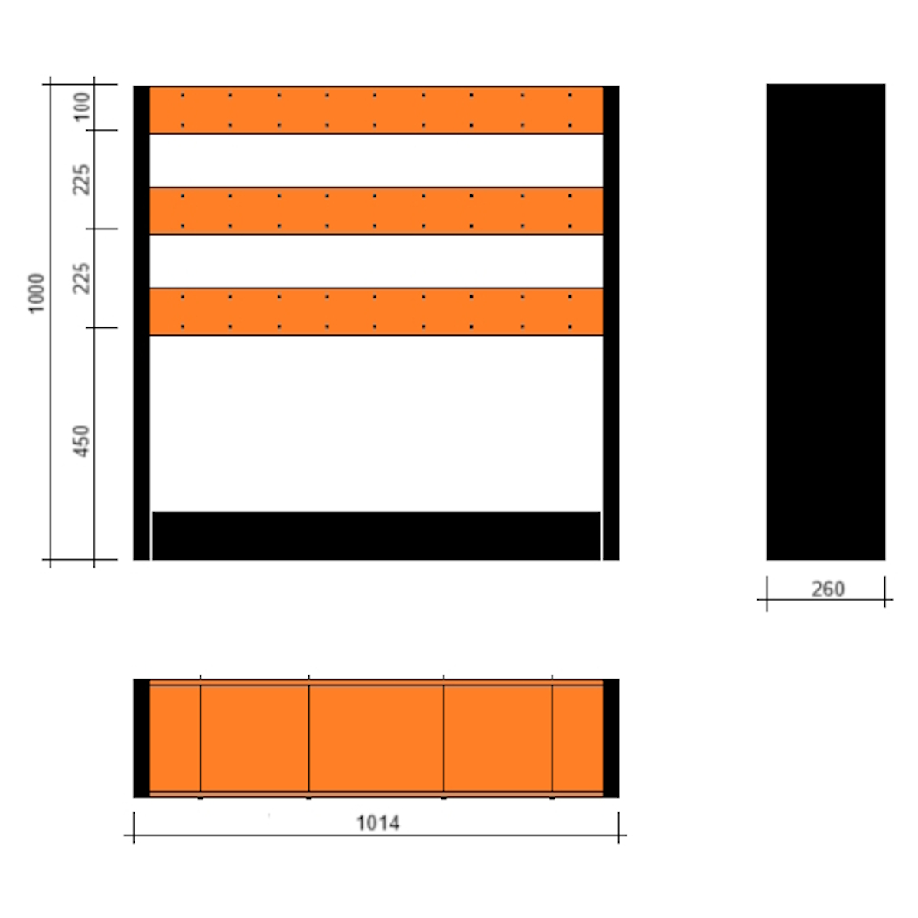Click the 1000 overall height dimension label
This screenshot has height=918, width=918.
click(x=36, y=294)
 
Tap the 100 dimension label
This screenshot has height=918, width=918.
click(x=83, y=106)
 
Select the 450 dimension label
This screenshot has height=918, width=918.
click(x=82, y=441)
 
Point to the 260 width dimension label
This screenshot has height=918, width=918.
click(x=828, y=589)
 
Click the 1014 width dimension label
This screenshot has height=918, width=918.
click(x=378, y=822)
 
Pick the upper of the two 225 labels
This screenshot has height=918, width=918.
click(x=82, y=179)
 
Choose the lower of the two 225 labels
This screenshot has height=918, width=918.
click(x=82, y=278)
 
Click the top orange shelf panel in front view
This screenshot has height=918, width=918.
click(x=376, y=110)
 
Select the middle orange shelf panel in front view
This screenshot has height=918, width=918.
click(x=376, y=210)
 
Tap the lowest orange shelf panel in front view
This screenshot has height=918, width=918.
click(x=376, y=311)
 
